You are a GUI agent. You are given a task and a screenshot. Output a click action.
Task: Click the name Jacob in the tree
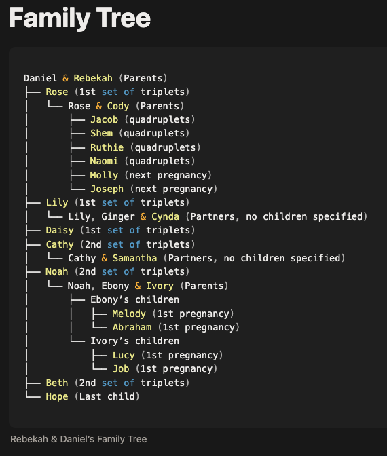pyautogui.click(x=104, y=119)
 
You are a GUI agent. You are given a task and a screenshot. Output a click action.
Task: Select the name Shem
pyautogui.click(x=101, y=133)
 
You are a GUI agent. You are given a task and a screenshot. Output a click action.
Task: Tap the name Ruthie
pyautogui.click(x=107, y=147)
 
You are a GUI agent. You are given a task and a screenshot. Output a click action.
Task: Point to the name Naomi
pyautogui.click(x=104, y=161)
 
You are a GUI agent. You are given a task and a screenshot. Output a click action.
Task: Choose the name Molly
pyautogui.click(x=104, y=175)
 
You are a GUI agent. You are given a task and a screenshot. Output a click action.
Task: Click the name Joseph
pyautogui.click(x=107, y=189)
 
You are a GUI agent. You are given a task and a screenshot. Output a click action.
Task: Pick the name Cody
pyautogui.click(x=118, y=106)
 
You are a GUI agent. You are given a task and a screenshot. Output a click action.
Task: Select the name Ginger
pyautogui.click(x=118, y=216)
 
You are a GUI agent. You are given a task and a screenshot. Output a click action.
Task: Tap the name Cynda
pyautogui.click(x=165, y=216)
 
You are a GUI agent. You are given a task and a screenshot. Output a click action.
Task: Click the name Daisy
pyautogui.click(x=60, y=230)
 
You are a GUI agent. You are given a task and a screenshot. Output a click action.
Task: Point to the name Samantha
pyautogui.click(x=134, y=258)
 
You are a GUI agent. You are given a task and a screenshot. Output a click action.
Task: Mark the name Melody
pyautogui.click(x=129, y=313)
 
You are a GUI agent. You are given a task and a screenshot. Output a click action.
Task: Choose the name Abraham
pyautogui.click(x=132, y=327)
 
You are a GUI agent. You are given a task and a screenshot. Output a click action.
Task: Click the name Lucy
pyautogui.click(x=124, y=355)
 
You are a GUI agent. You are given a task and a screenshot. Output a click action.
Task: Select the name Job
pyautogui.click(x=121, y=368)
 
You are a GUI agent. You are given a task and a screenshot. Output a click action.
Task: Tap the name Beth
pyautogui.click(x=57, y=383)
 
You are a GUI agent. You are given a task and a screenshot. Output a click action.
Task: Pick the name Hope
pyautogui.click(x=57, y=397)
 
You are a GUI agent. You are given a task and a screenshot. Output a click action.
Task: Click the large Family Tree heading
pyautogui.click(x=80, y=18)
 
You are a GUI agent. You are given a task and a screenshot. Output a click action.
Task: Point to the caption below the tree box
pyautogui.click(x=79, y=439)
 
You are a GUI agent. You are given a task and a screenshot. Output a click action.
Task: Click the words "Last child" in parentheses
pyautogui.click(x=107, y=396)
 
